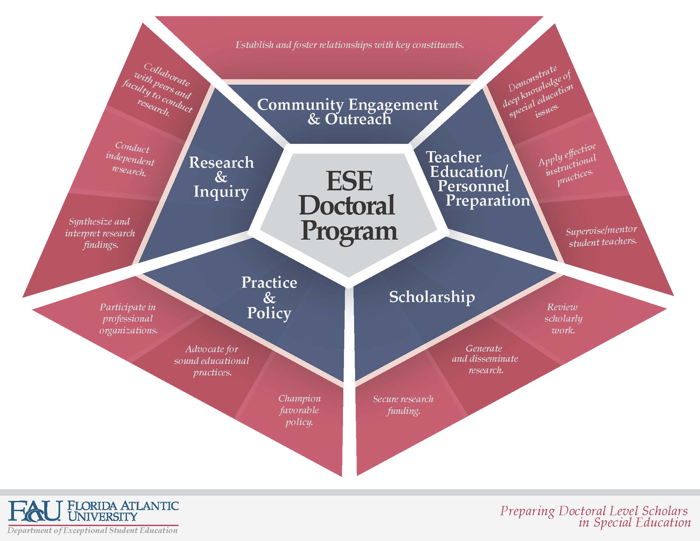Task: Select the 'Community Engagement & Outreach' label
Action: coord(347,111)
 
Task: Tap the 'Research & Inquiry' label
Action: coord(221,177)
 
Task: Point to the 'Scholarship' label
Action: coord(432,297)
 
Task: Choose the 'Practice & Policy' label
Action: coord(269,298)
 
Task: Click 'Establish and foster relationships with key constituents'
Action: coord(350,45)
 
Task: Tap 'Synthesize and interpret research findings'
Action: coord(100,233)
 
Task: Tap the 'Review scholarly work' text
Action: coord(563,319)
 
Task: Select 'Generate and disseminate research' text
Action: coord(485,359)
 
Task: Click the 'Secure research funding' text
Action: coord(403,405)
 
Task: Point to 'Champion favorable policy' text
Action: coord(299,410)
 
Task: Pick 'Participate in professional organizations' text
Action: coord(128,319)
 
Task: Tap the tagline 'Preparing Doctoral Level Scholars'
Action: coord(594,510)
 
